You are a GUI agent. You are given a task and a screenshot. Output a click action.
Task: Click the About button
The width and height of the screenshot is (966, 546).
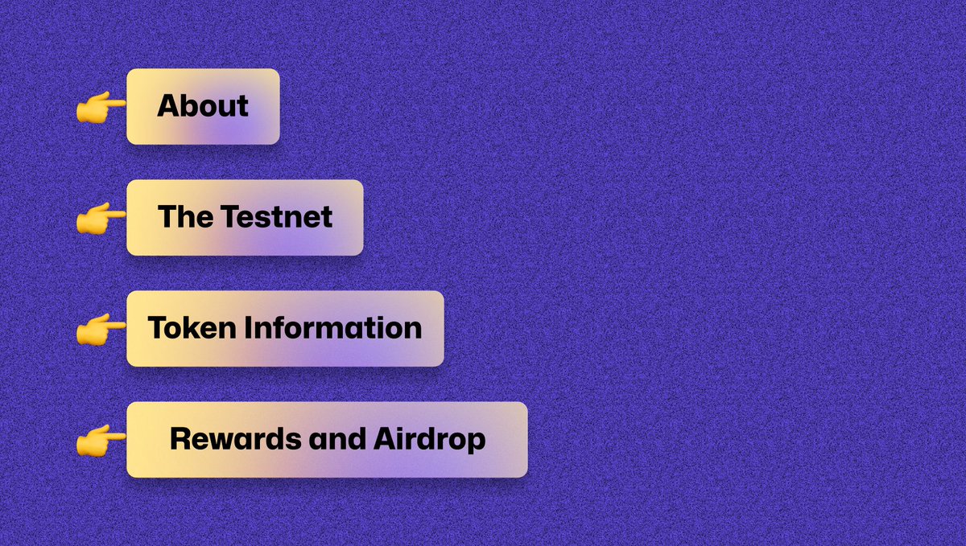(x=203, y=107)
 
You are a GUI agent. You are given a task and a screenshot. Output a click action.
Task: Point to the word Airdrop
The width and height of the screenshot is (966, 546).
(x=429, y=439)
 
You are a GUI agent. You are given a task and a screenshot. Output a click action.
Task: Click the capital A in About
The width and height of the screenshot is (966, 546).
(x=167, y=107)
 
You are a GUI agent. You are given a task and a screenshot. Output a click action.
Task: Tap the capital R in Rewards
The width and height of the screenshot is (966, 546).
(x=180, y=439)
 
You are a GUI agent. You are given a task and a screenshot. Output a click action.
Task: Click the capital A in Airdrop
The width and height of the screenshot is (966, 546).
(x=383, y=439)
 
